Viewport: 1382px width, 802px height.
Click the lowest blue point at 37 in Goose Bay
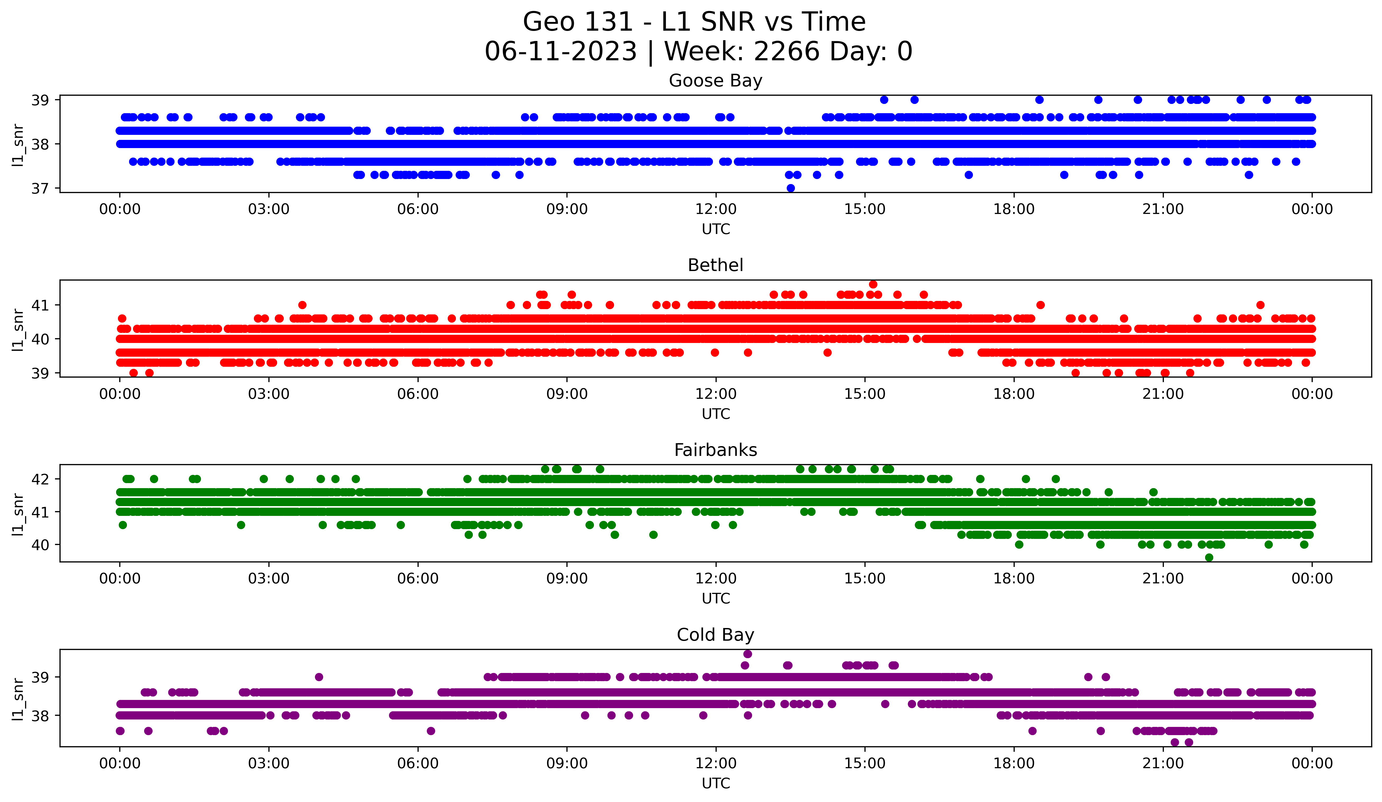coord(790,188)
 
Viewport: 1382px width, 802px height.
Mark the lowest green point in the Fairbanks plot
coord(1209,557)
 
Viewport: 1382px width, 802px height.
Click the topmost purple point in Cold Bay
coord(748,654)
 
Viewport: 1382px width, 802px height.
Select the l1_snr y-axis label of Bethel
coord(18,329)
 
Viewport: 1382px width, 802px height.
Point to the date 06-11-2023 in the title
coord(560,52)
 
